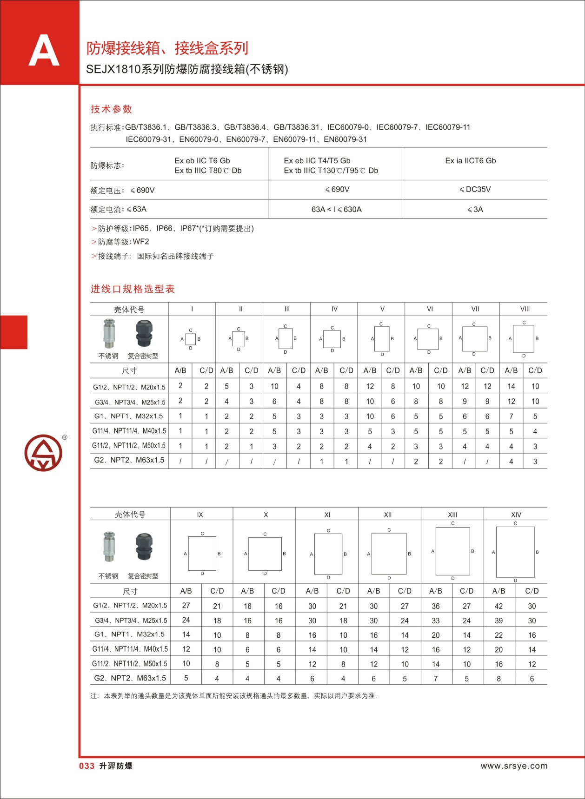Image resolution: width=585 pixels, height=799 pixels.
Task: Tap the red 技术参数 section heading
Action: tap(112, 109)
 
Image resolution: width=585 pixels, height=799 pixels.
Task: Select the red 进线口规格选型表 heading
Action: tap(133, 289)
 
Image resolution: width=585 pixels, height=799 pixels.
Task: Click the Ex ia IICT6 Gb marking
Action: tap(470, 161)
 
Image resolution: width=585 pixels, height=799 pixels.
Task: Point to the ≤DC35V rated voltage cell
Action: tap(475, 190)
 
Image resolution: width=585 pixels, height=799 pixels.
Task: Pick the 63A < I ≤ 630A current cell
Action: tap(336, 210)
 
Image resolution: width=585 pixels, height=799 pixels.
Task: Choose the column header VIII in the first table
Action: tap(525, 309)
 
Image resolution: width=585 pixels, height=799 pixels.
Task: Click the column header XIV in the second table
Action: tap(516, 515)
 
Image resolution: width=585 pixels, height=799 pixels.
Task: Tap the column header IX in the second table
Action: tap(200, 515)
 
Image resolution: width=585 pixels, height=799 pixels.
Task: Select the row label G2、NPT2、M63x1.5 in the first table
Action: tap(129, 460)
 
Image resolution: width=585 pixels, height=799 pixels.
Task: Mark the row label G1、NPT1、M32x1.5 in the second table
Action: tap(130, 634)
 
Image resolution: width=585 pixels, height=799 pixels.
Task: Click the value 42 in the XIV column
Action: tap(499, 606)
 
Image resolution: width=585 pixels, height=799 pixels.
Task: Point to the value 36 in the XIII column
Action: tap(436, 606)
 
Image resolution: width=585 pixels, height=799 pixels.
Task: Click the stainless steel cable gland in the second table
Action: tap(109, 547)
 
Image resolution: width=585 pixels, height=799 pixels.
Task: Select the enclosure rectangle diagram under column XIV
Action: tap(515, 552)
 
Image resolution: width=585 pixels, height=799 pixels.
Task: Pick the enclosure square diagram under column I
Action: tap(191, 339)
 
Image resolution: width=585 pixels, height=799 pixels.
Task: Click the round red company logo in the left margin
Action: tap(43, 453)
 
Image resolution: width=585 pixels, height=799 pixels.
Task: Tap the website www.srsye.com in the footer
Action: tap(514, 766)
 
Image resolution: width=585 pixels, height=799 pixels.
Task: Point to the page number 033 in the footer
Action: tap(87, 766)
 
